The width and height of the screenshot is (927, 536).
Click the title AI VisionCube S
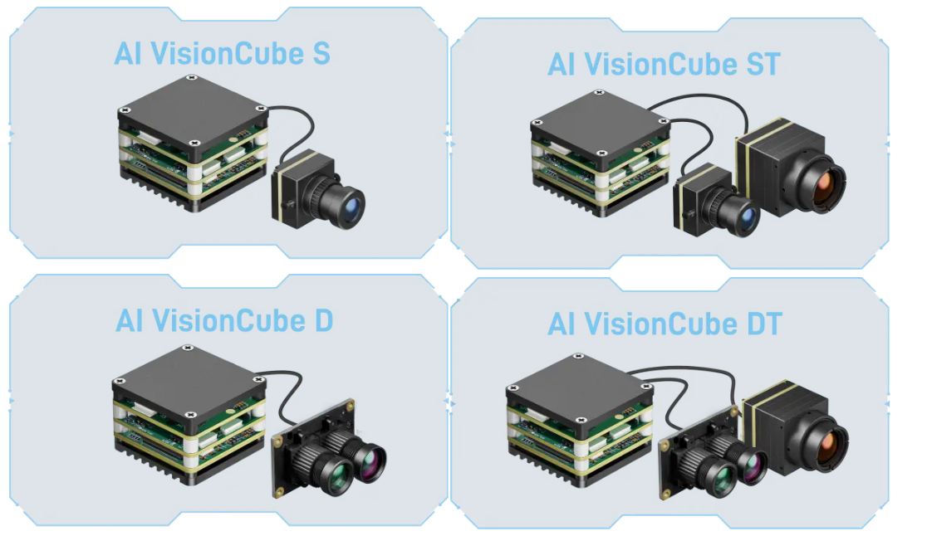coord(222,54)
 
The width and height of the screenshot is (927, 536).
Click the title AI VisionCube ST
coord(664,64)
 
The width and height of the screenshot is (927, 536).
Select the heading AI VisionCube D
coord(224,320)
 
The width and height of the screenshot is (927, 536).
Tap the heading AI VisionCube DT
coord(665,324)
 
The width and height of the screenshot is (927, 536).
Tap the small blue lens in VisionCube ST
coord(749,220)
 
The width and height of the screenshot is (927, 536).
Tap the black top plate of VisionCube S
coord(193,109)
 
